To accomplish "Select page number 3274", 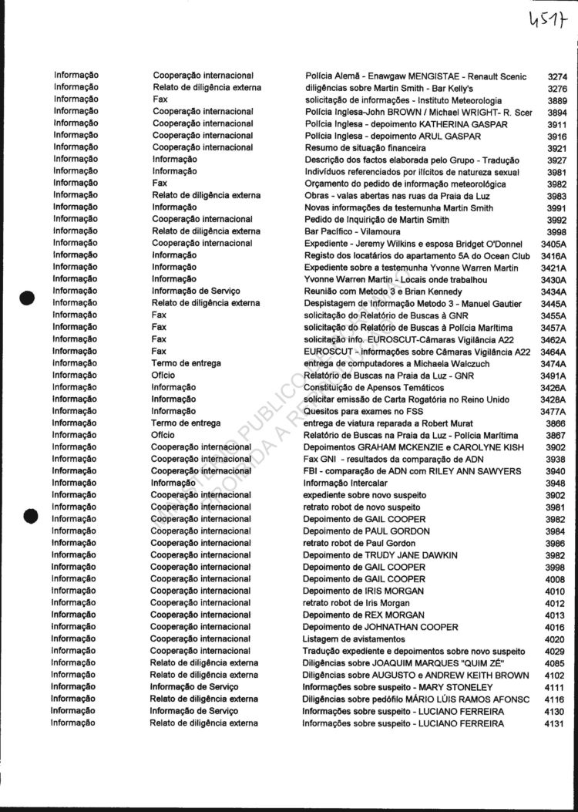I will pos(556,76).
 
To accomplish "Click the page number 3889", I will pos(556,100).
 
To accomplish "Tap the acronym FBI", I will pos(311,471).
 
